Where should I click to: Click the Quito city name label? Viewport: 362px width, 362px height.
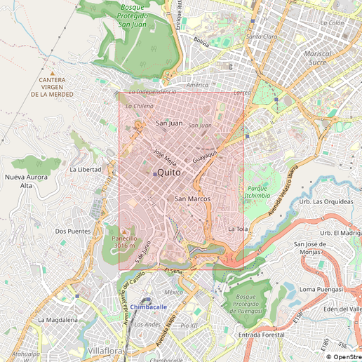pos(169,172)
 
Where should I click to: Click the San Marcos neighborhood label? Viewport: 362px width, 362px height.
pos(192,199)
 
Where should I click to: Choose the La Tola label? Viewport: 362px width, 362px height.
pos(238,229)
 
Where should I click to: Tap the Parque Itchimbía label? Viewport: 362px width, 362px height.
pos(257,192)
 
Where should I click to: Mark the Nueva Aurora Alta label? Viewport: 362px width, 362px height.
pos(27,182)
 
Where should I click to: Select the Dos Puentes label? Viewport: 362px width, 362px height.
pos(73,231)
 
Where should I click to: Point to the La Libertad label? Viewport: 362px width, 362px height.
pos(85,170)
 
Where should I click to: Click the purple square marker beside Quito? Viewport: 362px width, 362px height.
pos(154,174)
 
